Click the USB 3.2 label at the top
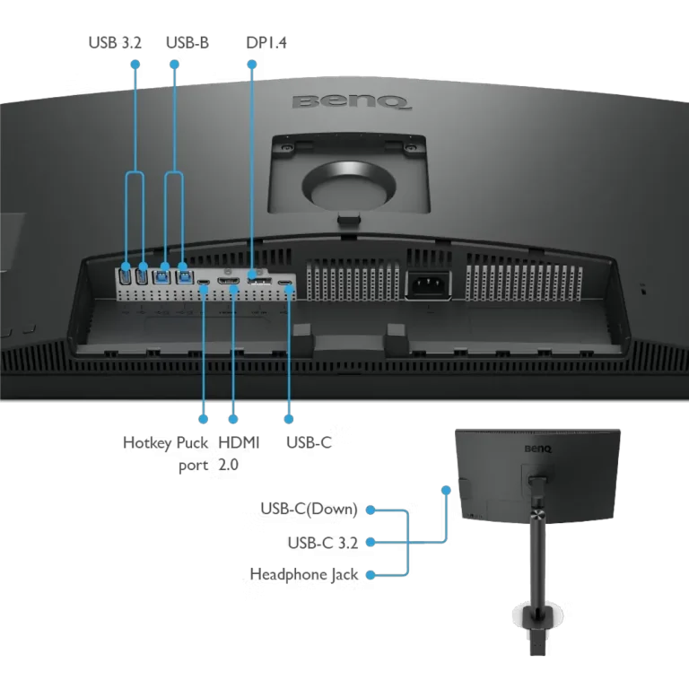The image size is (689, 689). tap(115, 43)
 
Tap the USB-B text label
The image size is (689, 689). tap(188, 43)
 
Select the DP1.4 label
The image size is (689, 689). tap(266, 43)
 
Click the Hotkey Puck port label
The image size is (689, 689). tap(166, 453)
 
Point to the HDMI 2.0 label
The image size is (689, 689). tap(239, 453)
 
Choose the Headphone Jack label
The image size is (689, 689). tap(304, 574)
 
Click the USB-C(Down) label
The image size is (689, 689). tap(309, 509)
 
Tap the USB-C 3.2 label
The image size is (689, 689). tap(323, 543)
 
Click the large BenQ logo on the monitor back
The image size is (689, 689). tap(353, 102)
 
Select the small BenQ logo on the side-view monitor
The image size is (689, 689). tap(538, 449)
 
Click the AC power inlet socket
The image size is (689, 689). tap(428, 285)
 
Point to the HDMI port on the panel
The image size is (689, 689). tap(229, 281)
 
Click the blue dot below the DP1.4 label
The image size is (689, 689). tap(252, 65)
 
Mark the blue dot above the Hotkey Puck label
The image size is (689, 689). tap(203, 419)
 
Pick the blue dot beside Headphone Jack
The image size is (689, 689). tap(371, 575)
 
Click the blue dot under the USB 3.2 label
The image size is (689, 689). tap(135, 65)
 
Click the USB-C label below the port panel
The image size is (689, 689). tap(309, 442)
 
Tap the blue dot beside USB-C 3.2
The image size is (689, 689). tap(371, 542)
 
